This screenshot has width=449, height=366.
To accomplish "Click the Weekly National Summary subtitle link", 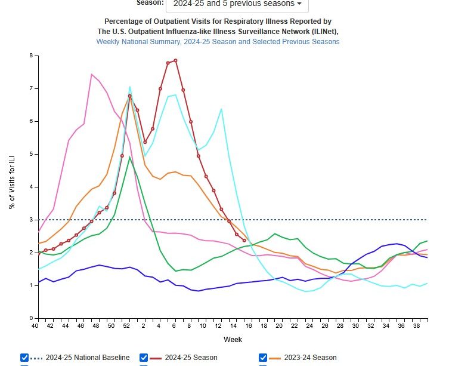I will [218, 42].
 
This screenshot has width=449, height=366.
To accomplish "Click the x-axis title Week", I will [233, 340].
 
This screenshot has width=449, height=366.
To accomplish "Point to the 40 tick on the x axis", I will [36, 327].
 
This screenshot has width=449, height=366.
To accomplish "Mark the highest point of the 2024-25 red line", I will [175, 60].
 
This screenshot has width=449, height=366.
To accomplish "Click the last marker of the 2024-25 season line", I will [244, 241].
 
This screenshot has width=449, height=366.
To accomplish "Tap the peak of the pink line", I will [91, 75].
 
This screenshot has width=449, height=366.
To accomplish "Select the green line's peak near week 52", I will [129, 158].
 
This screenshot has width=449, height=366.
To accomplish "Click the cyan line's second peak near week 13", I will [221, 109].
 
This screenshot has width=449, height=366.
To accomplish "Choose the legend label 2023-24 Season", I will [310, 358].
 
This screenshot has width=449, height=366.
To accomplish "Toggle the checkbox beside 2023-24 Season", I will [263, 358].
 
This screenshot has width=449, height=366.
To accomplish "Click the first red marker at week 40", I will [38, 253].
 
